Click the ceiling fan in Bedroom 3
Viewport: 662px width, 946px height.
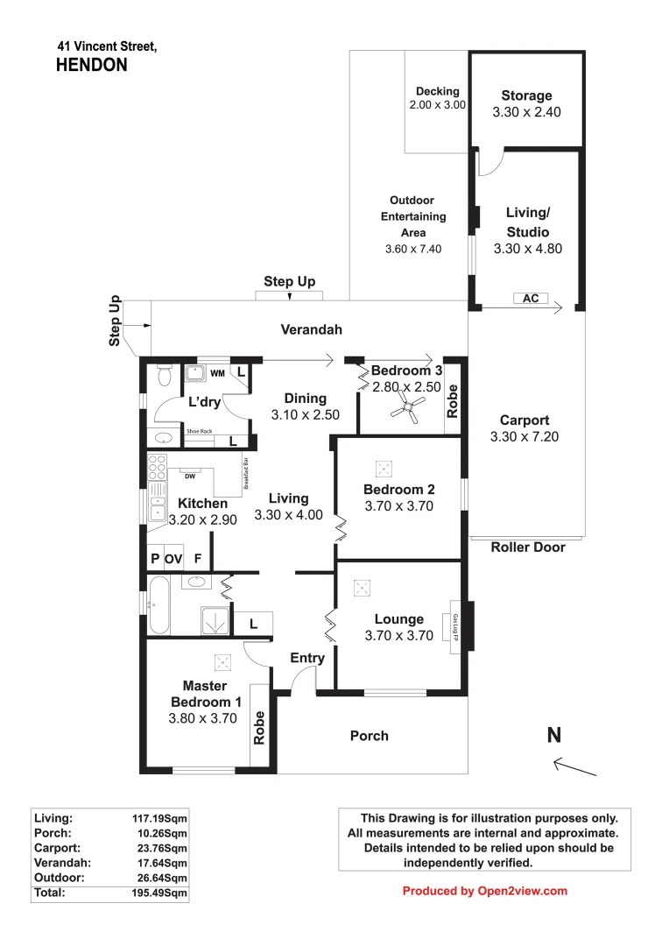408,404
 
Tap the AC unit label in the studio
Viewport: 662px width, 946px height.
530,299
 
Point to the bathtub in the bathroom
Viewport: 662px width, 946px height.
158,604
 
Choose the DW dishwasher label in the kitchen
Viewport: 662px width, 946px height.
188,476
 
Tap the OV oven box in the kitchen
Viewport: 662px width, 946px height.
173,557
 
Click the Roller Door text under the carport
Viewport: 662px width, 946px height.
527,547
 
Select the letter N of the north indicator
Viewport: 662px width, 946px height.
553,736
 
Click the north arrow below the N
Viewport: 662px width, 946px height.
575,768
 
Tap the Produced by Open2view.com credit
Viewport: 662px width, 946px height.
484,891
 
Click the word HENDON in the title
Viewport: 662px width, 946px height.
91,64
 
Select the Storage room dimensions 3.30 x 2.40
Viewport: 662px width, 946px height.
526,112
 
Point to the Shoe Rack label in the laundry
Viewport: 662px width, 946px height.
200,432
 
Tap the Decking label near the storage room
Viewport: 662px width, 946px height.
437,91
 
